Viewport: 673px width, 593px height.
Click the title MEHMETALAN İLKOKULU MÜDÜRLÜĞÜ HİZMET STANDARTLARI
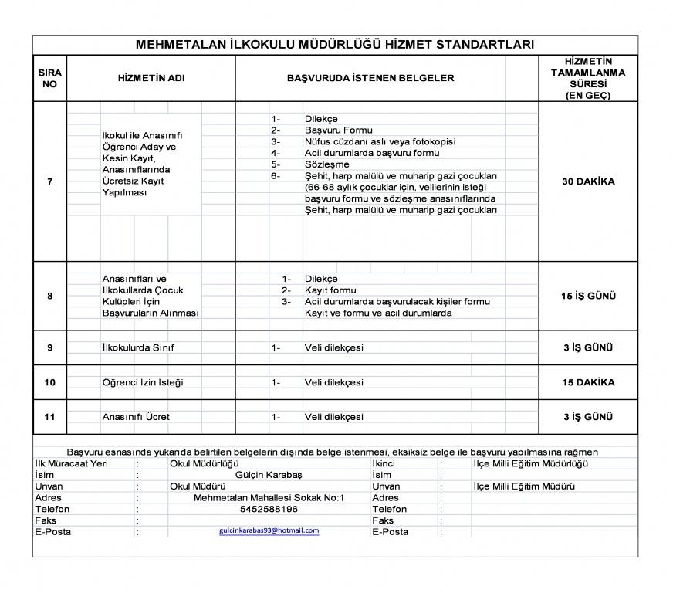tap(335, 45)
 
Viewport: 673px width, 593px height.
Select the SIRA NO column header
tap(49, 78)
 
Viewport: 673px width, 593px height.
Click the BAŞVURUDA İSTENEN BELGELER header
tap(370, 78)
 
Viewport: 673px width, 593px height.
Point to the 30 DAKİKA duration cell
tap(588, 181)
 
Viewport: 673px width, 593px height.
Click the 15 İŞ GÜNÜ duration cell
tap(588, 296)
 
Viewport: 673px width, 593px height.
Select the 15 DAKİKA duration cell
tap(588, 382)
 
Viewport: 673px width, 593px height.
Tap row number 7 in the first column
tap(50, 181)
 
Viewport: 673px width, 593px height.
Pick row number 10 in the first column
tap(50, 382)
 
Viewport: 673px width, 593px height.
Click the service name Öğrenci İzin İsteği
tap(143, 382)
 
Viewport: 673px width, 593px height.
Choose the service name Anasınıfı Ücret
tap(136, 417)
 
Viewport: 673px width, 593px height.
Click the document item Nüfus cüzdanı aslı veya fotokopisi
tap(380, 142)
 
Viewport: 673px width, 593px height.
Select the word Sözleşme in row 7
tap(326, 164)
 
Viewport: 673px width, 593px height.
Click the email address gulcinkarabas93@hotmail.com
tap(269, 531)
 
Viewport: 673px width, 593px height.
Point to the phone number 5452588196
tap(269, 510)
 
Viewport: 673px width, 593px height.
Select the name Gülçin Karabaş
tap(269, 475)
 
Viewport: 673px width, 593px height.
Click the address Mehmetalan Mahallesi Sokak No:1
tap(269, 498)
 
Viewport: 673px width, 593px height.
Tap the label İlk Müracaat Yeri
tap(72, 463)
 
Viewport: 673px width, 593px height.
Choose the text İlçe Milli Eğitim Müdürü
tap(524, 486)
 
